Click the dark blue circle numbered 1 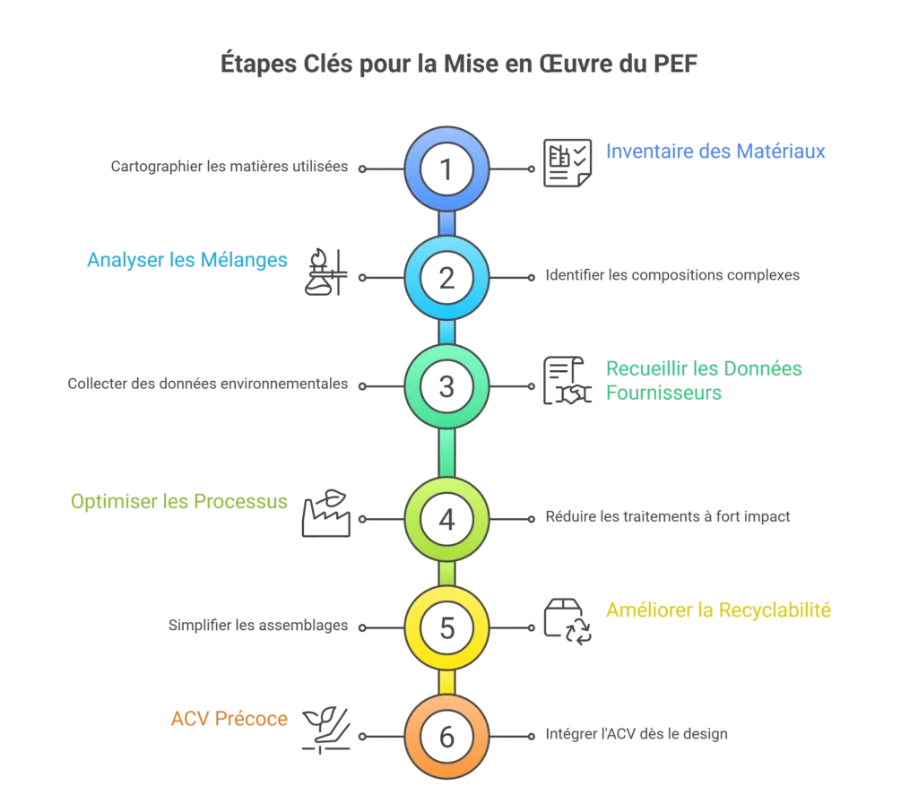tap(446, 168)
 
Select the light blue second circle tap(446, 277)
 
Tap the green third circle tap(446, 385)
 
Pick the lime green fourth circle tap(446, 518)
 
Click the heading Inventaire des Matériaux tap(717, 152)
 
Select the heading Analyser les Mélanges tap(188, 261)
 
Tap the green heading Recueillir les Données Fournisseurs tap(703, 380)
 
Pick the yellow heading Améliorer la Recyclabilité tap(719, 611)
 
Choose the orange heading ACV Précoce tap(230, 720)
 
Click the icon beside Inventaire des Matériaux tap(566, 164)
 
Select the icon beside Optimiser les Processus tap(326, 514)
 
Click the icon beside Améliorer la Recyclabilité tap(566, 622)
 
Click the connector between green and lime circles tap(446, 452)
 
